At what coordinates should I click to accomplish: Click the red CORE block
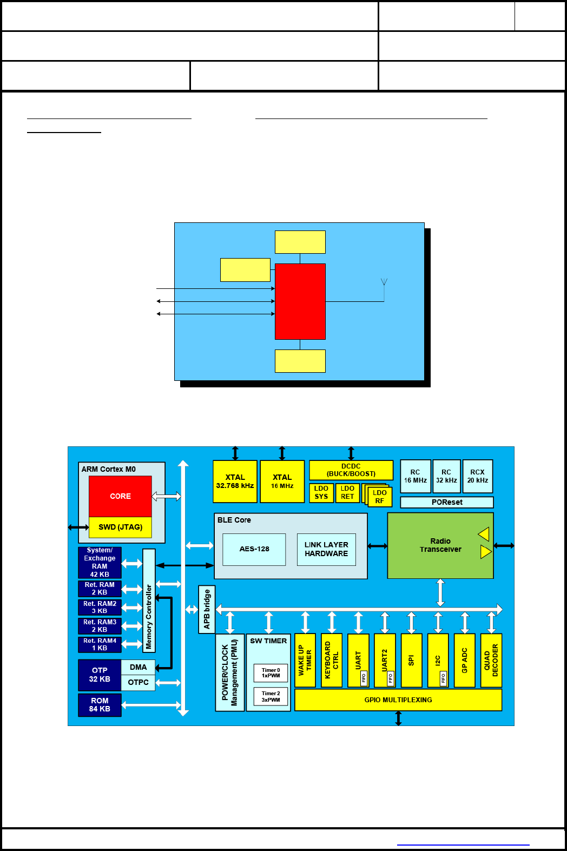120,496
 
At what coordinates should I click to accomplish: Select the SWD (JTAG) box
120,527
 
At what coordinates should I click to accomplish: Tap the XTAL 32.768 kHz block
235,481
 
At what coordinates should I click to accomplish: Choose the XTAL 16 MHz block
282,481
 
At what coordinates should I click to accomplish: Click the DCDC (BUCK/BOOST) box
351,470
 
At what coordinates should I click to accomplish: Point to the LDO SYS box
321,492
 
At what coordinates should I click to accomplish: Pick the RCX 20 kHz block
477,476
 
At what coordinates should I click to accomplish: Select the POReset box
447,502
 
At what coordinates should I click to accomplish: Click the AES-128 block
254,549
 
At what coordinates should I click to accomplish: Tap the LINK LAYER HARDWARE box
326,549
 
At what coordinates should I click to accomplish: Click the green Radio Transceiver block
440,545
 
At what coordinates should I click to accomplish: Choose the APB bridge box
207,609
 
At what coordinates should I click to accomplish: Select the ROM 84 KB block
100,705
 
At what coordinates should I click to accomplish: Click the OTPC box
138,682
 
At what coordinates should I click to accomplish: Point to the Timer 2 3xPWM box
271,696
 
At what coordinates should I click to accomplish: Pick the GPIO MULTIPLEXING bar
398,700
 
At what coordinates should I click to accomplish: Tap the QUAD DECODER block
491,660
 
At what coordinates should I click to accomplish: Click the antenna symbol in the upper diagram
384,282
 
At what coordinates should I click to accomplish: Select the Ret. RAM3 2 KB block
100,626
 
